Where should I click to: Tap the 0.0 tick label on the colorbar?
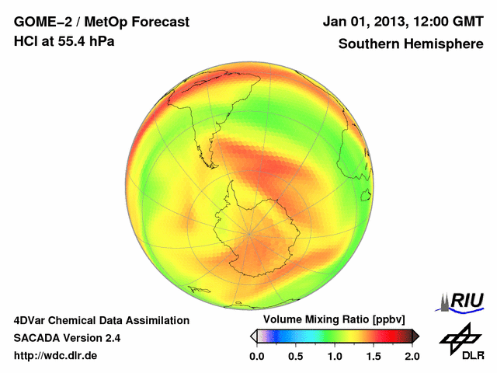click(x=256, y=356)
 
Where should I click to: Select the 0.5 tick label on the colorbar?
click(x=295, y=356)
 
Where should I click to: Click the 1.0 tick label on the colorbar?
click(x=334, y=356)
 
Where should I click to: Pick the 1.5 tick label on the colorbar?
click(x=373, y=356)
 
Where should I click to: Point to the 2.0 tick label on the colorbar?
click(x=412, y=356)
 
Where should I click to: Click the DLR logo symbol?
click(x=459, y=336)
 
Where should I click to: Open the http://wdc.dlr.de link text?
click(x=56, y=356)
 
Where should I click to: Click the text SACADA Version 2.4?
click(x=67, y=338)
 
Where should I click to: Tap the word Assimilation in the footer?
click(x=154, y=320)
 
